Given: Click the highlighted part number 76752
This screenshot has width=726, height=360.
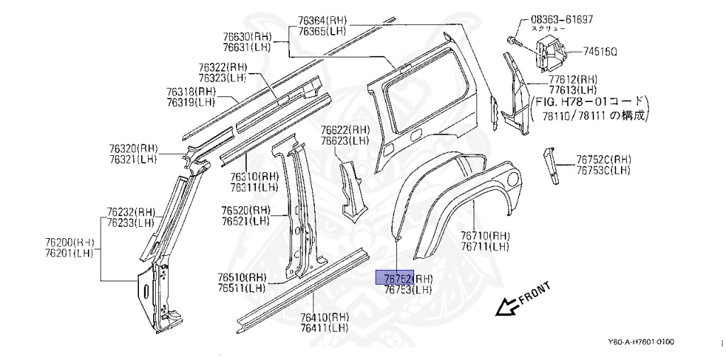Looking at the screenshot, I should (393, 278).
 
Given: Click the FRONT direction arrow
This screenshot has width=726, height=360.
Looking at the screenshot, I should (506, 306).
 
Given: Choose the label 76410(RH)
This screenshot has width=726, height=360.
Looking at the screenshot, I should (324, 317).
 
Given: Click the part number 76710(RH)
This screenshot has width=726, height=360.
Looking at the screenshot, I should (485, 236).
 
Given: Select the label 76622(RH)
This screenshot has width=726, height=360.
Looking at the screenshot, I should (345, 130).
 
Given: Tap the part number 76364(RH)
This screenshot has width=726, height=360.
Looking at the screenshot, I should (323, 21).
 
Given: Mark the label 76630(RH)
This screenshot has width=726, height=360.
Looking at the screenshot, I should (247, 37).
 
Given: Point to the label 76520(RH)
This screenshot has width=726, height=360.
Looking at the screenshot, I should (245, 210).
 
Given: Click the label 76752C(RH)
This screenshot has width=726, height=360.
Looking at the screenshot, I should (603, 159).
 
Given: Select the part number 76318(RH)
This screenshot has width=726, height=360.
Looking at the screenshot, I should (191, 92).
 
